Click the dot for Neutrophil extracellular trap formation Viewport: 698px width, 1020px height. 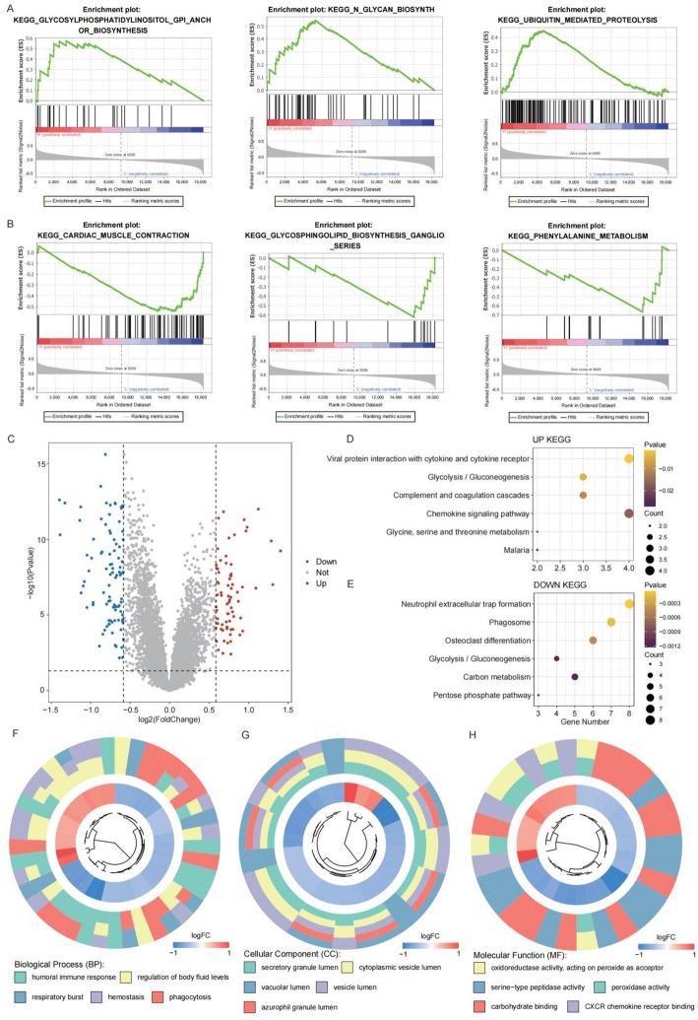click(x=629, y=603)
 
